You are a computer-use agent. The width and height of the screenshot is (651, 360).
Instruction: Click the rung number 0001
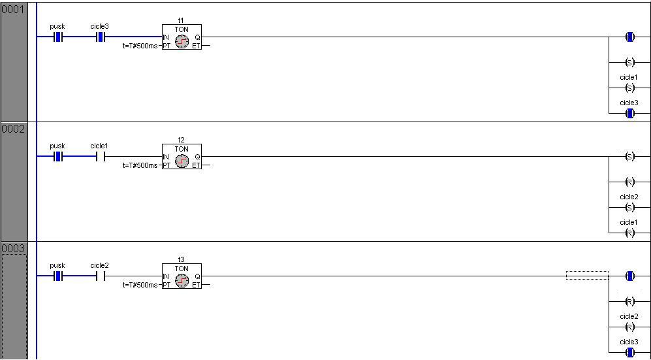(12, 10)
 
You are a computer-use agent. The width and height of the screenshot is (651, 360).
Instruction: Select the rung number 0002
(12, 129)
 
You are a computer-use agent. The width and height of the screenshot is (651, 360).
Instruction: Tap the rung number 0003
(12, 249)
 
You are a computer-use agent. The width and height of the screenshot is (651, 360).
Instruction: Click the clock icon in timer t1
(182, 41)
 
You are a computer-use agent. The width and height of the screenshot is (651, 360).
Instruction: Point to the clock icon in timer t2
(182, 161)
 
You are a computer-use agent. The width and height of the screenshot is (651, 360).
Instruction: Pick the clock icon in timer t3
(182, 280)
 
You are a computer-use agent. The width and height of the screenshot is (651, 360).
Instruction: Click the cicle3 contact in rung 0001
(100, 37)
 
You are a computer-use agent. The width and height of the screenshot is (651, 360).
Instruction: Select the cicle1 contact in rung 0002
(100, 157)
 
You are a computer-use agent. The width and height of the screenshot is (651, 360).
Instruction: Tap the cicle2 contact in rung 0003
(100, 276)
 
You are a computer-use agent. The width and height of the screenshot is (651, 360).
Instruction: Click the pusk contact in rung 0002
(58, 157)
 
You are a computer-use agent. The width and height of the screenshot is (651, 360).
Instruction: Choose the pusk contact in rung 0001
(58, 37)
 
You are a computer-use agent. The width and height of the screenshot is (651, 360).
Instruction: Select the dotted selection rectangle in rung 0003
(587, 276)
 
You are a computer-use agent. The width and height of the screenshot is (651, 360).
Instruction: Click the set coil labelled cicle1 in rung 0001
(629, 88)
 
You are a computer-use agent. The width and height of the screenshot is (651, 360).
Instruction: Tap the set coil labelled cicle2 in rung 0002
(629, 207)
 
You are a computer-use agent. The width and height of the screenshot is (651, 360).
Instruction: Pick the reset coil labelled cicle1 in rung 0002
(629, 233)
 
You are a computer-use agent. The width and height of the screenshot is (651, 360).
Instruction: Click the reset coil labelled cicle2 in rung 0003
(629, 327)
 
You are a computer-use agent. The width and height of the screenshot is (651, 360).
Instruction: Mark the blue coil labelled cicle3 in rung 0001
(629, 113)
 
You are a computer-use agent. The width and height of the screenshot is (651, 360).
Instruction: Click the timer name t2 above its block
(182, 140)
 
